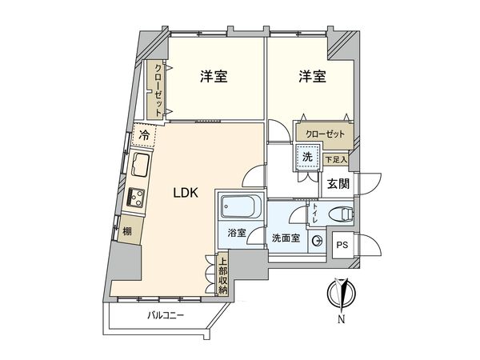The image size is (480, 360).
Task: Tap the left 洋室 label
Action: [x=214, y=78]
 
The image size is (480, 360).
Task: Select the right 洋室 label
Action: [x=313, y=78]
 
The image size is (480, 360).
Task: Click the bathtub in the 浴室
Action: [x=238, y=210]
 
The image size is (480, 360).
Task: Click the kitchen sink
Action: [x=139, y=169]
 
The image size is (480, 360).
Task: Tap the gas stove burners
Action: [x=136, y=196]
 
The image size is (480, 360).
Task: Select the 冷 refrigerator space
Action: [x=144, y=137]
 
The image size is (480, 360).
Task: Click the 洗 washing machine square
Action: [x=307, y=158]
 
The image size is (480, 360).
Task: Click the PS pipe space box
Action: [x=342, y=246]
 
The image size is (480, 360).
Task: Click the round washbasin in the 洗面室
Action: [x=317, y=239]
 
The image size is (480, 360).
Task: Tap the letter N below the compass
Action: [x=342, y=321]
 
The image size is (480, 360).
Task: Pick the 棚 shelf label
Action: [x=127, y=232]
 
